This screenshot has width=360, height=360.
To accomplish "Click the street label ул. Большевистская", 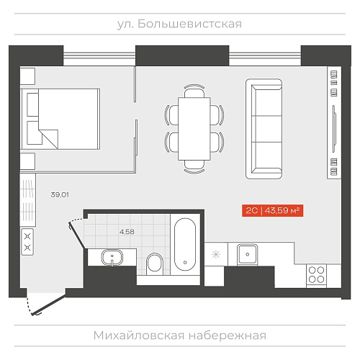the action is click(x=179, y=24).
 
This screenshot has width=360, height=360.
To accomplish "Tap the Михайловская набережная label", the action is click(x=180, y=336).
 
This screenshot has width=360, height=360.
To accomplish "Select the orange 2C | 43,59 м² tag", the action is click(x=273, y=211).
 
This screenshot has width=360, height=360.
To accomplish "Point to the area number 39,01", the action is click(x=60, y=194).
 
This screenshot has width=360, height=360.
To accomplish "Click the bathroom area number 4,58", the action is click(x=127, y=232).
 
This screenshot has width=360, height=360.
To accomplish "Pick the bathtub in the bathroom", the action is click(x=185, y=244).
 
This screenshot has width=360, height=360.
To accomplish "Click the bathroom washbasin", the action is click(x=112, y=257).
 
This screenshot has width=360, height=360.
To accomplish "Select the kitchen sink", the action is click(x=248, y=254).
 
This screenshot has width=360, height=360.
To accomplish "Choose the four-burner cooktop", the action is click(x=317, y=275).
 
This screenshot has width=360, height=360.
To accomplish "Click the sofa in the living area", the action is click(x=264, y=129).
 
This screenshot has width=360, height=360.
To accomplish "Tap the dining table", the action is click(x=194, y=129).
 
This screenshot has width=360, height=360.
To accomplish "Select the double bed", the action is click(x=60, y=119).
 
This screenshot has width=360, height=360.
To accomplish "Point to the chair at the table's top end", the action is click(x=194, y=91).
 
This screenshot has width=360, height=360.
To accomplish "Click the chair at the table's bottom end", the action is click(x=194, y=166).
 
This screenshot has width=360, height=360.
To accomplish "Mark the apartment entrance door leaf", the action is click(x=49, y=305).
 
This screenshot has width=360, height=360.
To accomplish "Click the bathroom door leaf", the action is click(x=76, y=235).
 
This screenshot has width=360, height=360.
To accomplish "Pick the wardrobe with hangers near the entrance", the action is click(x=27, y=200).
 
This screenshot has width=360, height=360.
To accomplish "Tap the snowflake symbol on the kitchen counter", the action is click(x=216, y=254).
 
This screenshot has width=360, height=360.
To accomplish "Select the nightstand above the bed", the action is click(x=27, y=76).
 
